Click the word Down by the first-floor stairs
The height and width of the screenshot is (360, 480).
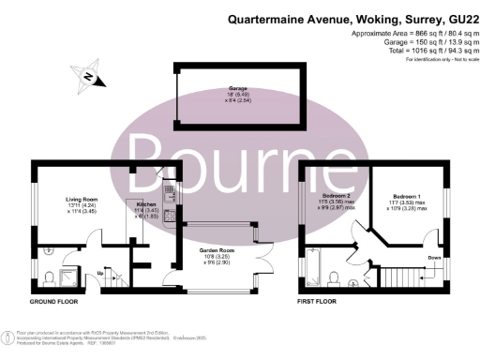pyautogui.click(x=434, y=256)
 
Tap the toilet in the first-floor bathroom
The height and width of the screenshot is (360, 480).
pyautogui.click(x=335, y=275)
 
